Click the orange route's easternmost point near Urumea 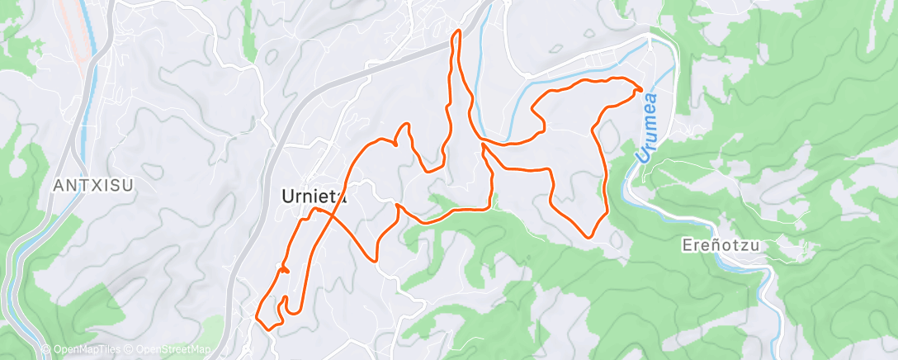(643, 89)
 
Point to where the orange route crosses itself (324, 212)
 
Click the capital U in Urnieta (287, 197)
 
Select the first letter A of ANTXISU (58, 187)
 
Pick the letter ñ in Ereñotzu (709, 245)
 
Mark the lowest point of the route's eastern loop (588, 237)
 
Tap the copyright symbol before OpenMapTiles (46, 350)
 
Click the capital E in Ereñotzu (688, 245)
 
